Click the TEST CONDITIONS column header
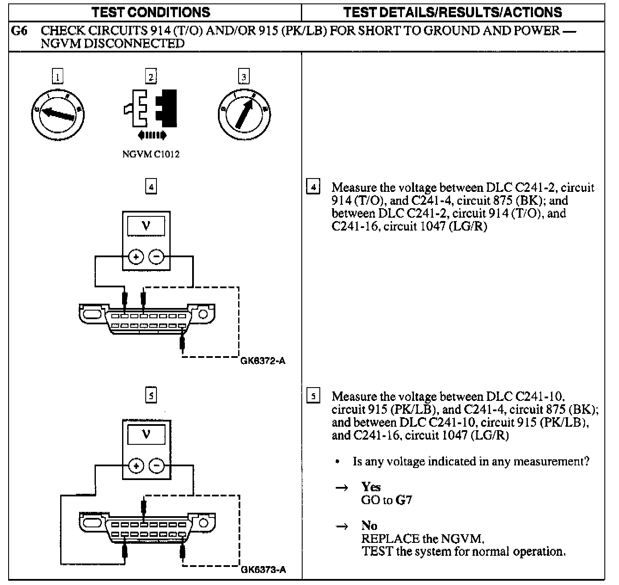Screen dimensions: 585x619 pos(151,12)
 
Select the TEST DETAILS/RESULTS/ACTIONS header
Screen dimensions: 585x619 pos(453,12)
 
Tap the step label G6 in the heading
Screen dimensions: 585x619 pos(19,31)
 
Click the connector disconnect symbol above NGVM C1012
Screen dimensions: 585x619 pos(151,109)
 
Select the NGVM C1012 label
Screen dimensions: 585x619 pos(151,154)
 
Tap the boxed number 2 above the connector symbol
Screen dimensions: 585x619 pos(151,77)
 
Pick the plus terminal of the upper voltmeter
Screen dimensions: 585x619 pos(136,257)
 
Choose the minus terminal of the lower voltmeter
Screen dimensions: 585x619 pos(156,466)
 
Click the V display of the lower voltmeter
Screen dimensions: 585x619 pos(146,435)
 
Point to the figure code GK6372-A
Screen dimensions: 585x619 pos(263,361)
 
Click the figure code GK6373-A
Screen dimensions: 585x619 pos(264,570)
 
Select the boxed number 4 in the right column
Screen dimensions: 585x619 pos(313,188)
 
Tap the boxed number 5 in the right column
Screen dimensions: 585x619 pos(313,396)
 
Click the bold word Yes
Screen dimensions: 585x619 pos(371,487)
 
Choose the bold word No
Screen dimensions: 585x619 pos(369,526)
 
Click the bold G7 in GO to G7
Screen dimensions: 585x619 pos(404,500)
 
